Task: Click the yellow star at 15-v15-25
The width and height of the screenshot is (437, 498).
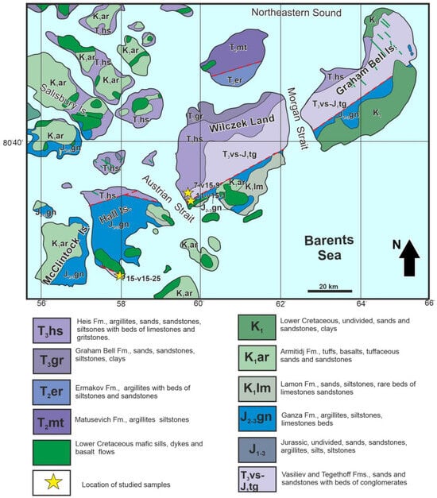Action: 119,276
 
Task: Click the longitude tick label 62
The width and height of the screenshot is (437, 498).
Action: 280,303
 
